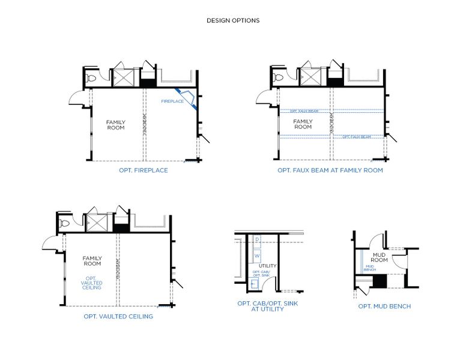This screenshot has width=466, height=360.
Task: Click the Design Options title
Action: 233,20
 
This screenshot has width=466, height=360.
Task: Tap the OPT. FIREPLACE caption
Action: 143,170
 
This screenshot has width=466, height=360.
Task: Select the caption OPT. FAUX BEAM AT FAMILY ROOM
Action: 330,170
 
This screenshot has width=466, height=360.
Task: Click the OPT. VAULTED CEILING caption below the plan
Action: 118,316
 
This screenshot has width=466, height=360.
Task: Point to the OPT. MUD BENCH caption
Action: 384,307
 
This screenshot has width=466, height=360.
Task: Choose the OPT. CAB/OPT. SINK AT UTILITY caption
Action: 267,307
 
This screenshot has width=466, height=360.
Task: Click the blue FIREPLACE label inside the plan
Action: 172,101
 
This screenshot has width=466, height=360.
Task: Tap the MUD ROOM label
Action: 380,257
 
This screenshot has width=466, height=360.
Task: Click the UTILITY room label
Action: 268,265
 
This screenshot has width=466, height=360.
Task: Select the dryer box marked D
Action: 257,239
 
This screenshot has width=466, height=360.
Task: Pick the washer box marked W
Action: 257,256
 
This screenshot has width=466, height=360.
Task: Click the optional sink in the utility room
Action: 254,282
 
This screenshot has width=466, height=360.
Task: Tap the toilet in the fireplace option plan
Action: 92,78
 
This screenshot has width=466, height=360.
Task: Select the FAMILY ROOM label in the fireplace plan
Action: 116,125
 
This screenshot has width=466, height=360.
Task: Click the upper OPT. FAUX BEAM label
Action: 303,111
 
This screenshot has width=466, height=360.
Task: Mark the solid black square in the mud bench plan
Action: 380,281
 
